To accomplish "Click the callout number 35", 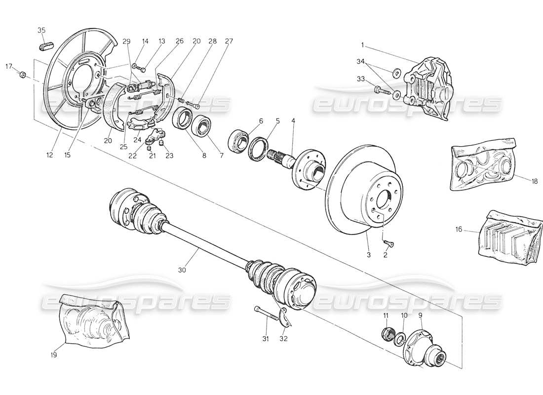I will pyautogui.click(x=41, y=30).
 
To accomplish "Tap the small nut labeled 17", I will pyautogui.click(x=22, y=75).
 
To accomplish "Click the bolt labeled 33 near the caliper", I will pyautogui.click(x=380, y=90).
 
